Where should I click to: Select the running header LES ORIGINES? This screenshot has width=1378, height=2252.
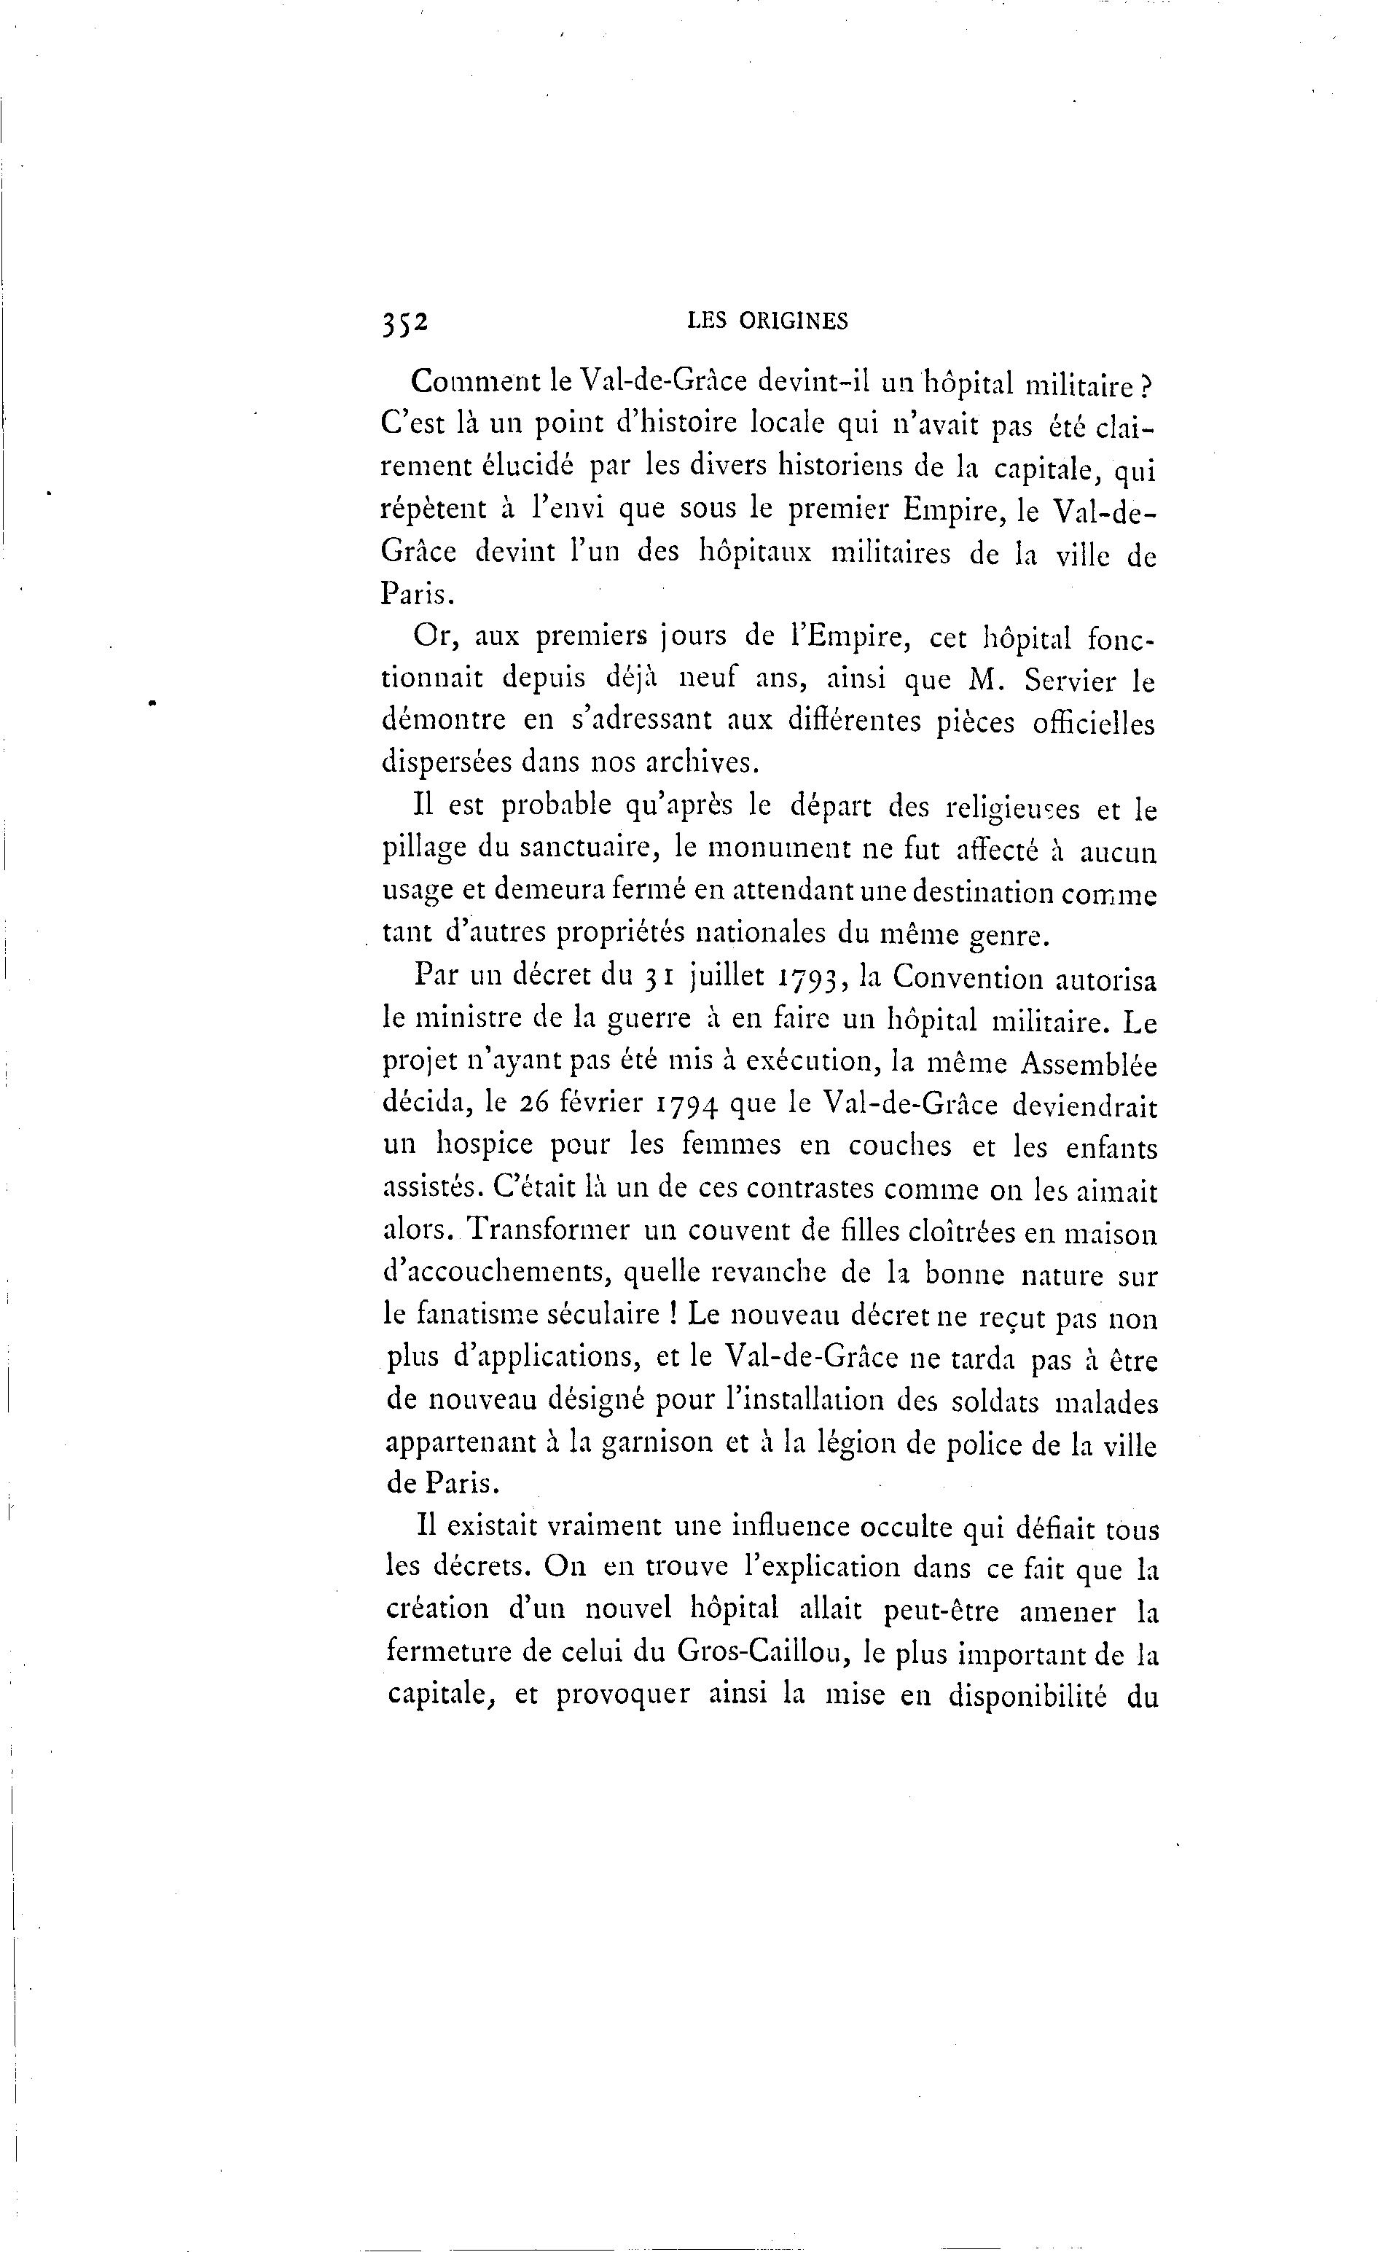click(767, 321)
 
